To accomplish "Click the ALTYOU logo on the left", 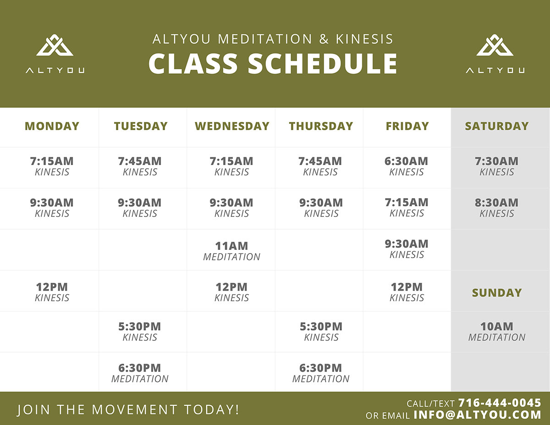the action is click(55, 54).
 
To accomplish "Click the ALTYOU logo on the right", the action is click(495, 54).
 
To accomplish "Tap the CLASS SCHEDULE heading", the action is click(273, 64).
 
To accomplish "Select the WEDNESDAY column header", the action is click(232, 126).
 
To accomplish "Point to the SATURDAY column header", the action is click(497, 126).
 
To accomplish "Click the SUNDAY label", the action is click(497, 293).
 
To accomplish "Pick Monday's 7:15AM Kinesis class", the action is click(52, 166).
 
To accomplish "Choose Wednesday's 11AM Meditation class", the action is click(231, 251).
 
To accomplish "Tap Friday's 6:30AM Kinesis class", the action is click(406, 166).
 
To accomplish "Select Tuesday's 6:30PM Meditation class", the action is click(140, 373).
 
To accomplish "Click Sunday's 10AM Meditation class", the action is click(497, 331).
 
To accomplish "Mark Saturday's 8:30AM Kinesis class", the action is click(496, 208).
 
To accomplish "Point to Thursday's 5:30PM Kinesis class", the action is click(321, 331).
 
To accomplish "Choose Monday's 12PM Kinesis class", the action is click(52, 292).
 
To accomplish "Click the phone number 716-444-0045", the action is click(500, 403).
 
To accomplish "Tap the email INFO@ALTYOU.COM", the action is click(478, 415).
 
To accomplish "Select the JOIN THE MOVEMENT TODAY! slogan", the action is click(128, 409).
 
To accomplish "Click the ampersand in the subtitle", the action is click(324, 39).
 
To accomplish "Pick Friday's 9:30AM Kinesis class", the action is click(407, 249).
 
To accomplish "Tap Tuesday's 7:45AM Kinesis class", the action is click(140, 166).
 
